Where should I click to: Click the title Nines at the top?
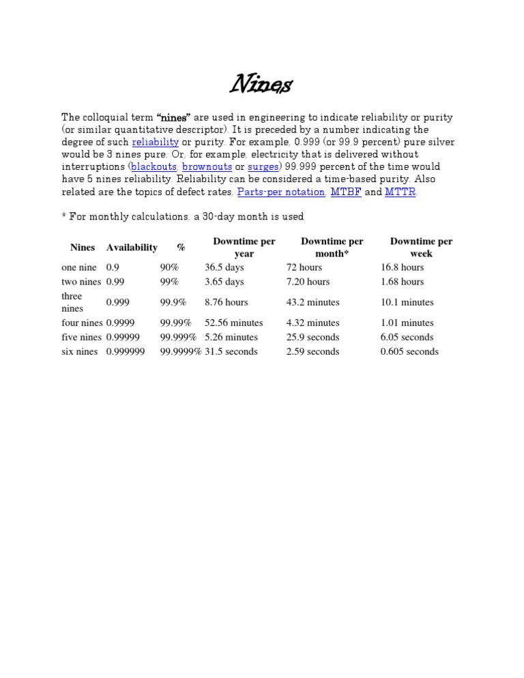[x=261, y=85]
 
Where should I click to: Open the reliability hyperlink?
[x=155, y=142]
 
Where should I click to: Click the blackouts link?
[x=154, y=166]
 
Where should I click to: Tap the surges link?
[x=263, y=166]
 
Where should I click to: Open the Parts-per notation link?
[x=281, y=192]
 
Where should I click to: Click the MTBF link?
[x=346, y=192]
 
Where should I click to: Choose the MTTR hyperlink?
[x=401, y=192]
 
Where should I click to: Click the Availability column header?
[x=132, y=248]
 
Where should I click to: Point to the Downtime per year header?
[x=244, y=248]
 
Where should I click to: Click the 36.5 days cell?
[x=224, y=267]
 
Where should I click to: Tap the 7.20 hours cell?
[x=308, y=282]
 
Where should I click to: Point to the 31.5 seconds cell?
[x=231, y=351]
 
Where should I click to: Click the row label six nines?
[x=79, y=351]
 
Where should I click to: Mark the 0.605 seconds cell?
[x=409, y=351]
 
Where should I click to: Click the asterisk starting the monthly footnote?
[x=64, y=216]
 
